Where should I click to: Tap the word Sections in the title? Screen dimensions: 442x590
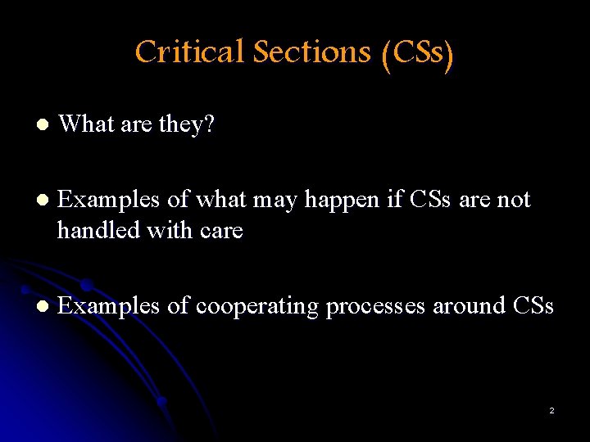click(x=312, y=52)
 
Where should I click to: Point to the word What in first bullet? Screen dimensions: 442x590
click(x=86, y=124)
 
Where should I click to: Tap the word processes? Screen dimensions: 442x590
click(x=374, y=307)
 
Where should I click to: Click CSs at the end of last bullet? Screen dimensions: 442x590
click(x=533, y=305)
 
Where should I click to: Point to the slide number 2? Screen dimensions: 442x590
click(x=551, y=410)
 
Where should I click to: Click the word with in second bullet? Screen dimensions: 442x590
click(x=167, y=230)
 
